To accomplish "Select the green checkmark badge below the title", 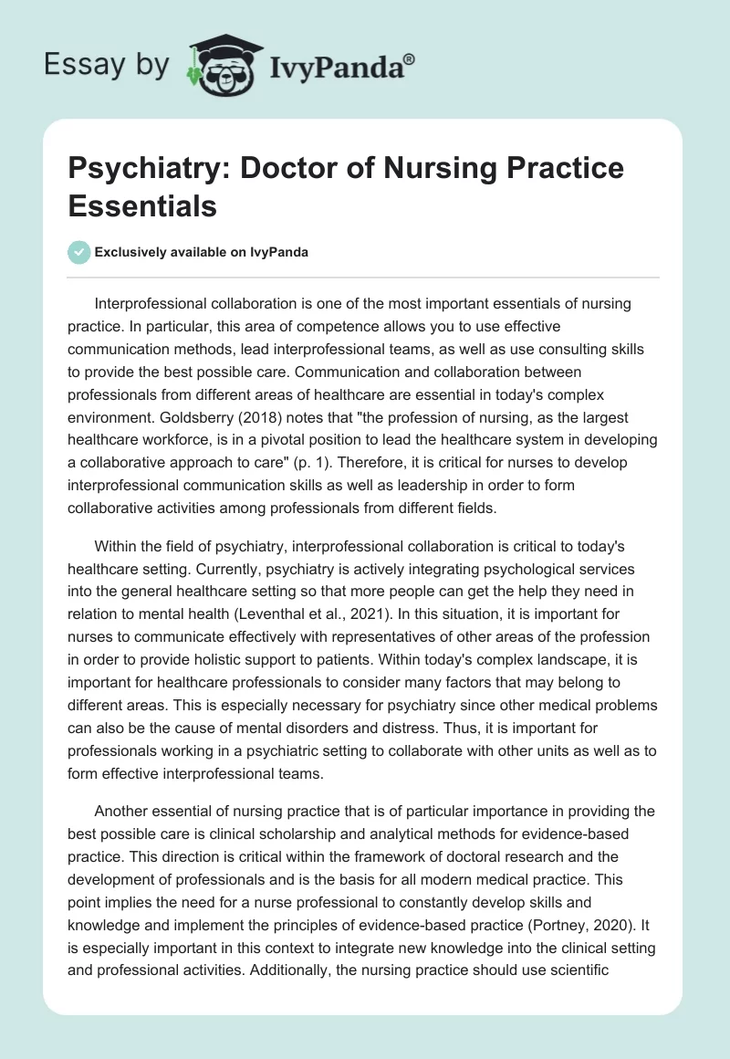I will tap(79, 252).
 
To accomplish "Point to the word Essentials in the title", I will tap(142, 205).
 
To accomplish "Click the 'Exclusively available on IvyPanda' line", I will tap(201, 252).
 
